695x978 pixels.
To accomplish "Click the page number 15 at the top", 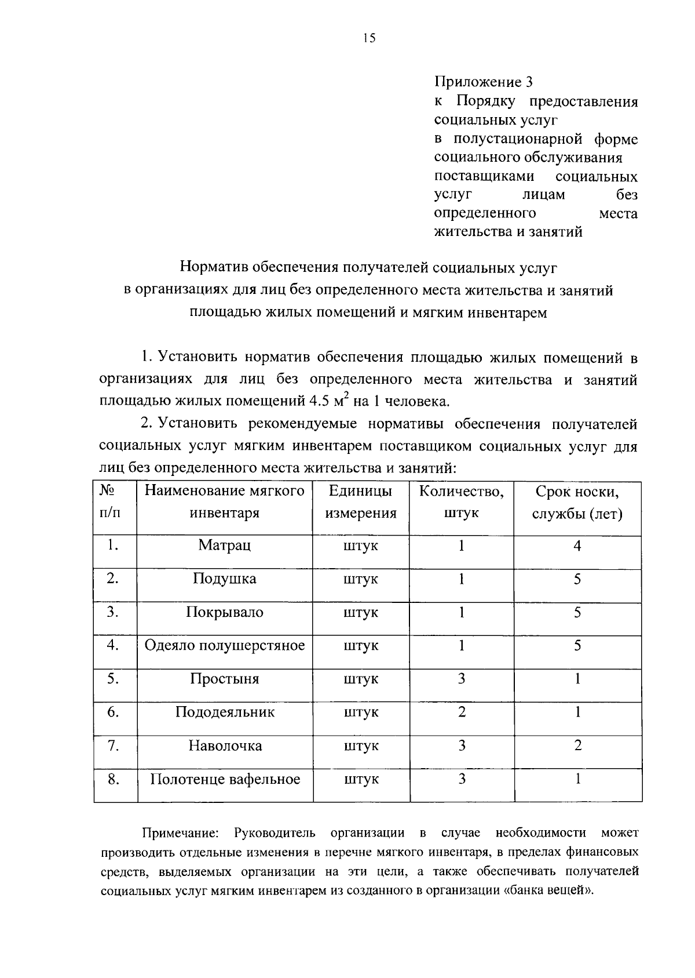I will pos(369,38).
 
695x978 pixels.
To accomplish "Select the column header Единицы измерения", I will pos(360,502).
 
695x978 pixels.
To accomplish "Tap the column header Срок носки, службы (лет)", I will pos(577,502).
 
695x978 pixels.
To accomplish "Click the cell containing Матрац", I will pos(224,546).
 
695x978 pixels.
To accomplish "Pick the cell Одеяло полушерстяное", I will pos(224,646).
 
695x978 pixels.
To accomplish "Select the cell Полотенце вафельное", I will pos(225,779).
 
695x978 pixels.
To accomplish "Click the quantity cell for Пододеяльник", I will pos(462,712).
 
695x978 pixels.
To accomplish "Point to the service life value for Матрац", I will pos(577,546).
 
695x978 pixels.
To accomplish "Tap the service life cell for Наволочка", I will pos(577,746).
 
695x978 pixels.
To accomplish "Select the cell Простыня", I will pos(224,679).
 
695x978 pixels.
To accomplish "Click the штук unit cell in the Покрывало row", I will pos(360,613).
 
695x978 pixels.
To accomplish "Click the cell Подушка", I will pos(224,579).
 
